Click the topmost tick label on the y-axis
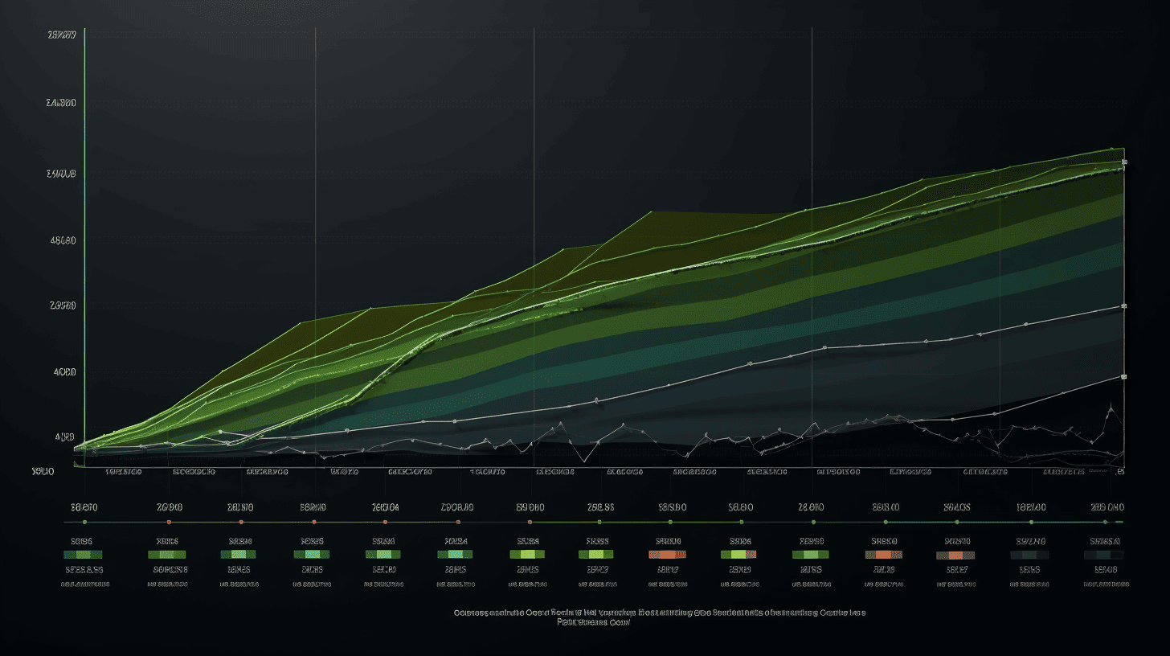coord(62,35)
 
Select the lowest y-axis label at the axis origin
coord(43,471)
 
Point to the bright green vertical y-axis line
coord(84,241)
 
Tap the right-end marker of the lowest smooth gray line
coord(1123,376)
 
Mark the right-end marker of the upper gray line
coord(1123,306)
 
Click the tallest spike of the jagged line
coord(1111,408)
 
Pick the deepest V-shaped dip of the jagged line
coord(585,461)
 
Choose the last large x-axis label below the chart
coord(1107,507)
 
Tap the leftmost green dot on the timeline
coord(84,523)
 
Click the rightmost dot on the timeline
coord(1104,523)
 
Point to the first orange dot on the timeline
coord(169,523)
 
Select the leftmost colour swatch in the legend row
coord(83,555)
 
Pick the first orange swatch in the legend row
coord(667,555)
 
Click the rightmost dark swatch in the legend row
coord(1103,555)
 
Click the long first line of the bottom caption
coord(659,613)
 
